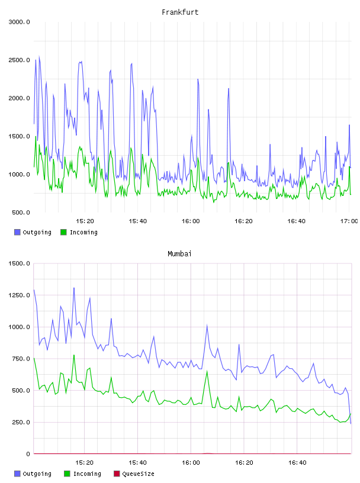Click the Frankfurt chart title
tap(180, 12)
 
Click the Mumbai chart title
tap(179, 254)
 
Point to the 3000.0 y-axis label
tap(19, 22)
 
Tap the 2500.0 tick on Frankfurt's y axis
tap(19, 60)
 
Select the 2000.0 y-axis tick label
tap(19, 98)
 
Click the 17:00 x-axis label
tap(349, 221)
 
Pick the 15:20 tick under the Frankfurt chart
tap(85, 221)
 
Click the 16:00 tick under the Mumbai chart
tap(191, 463)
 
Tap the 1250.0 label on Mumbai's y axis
tap(19, 295)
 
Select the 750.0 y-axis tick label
tap(21, 359)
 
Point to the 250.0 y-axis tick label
tap(21, 422)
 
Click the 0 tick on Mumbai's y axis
tap(28, 454)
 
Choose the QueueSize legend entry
tap(134, 474)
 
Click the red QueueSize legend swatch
tap(117, 474)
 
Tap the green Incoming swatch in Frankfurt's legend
tap(63, 232)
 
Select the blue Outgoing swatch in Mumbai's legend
tap(17, 474)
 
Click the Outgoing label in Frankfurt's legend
tap(37, 233)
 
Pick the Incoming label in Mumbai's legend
tap(87, 474)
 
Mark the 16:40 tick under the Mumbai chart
tap(297, 463)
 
